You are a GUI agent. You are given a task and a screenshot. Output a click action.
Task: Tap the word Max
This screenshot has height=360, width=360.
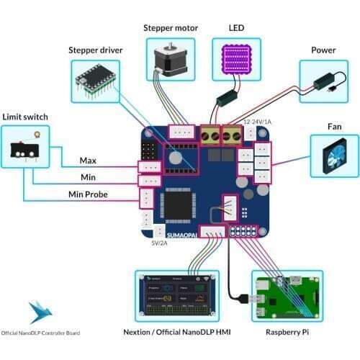pos(88,159)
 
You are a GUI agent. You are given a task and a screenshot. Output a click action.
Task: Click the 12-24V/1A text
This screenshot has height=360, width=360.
pos(258,122)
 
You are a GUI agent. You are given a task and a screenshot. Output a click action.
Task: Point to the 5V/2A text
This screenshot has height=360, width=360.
pos(160,243)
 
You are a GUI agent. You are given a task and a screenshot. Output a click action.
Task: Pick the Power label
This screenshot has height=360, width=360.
pos(323,50)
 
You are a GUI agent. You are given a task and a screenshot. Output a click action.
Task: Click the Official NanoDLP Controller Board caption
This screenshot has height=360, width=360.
pos(41,333)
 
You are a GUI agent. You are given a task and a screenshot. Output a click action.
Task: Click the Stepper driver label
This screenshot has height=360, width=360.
pos(95,50)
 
